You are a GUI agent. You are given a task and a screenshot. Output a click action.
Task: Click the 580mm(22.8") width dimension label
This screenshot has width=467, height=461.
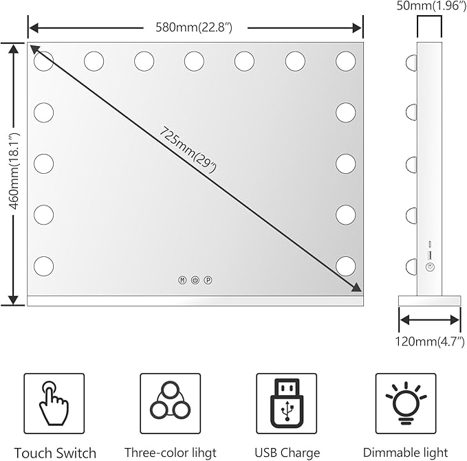tap(195, 28)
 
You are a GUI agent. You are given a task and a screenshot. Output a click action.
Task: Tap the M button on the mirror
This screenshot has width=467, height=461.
tap(182, 280)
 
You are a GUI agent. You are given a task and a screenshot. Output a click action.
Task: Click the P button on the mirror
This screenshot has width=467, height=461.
tap(208, 280)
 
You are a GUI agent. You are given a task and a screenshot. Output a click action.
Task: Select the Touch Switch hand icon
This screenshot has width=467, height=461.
tap(54, 404)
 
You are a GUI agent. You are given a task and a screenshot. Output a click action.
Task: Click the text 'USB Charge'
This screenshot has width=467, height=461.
tap(287, 452)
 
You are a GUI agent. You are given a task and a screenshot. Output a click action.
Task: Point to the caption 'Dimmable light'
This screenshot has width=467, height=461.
tap(405, 452)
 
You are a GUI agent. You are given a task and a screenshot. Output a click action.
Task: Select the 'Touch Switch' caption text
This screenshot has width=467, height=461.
tap(55, 452)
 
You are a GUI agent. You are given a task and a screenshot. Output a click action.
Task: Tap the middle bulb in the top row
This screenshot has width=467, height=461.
tap(194, 61)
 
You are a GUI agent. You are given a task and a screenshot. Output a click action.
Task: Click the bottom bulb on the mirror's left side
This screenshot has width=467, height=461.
tap(43, 266)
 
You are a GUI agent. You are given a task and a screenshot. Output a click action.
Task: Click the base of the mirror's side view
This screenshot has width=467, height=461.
tap(430, 300)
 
